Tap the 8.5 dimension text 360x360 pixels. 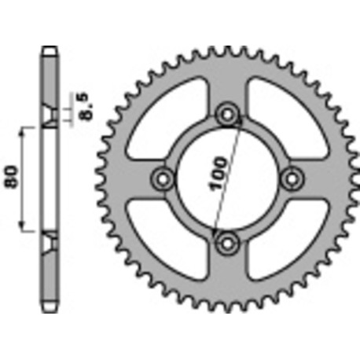[x=86, y=105]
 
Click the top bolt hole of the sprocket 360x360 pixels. [x=228, y=115]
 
